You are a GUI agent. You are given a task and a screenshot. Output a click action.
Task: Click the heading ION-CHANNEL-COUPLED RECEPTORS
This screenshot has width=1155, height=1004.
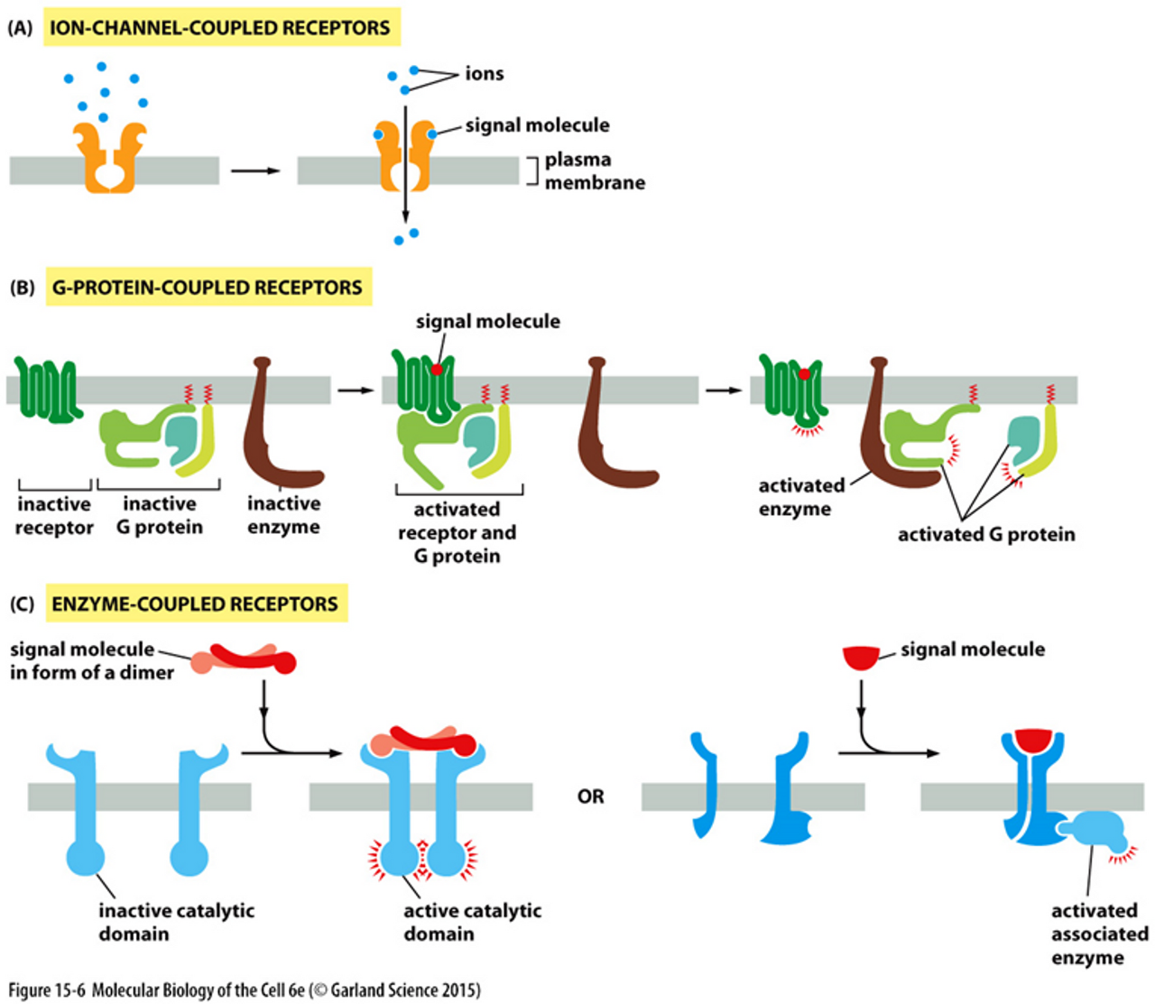click(x=219, y=28)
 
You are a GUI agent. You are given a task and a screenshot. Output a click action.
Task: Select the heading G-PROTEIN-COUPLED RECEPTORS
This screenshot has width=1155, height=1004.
click(x=207, y=288)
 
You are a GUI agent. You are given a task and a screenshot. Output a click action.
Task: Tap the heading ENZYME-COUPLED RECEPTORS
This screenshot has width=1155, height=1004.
click(x=195, y=604)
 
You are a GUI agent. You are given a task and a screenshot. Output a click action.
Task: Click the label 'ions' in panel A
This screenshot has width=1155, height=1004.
click(x=484, y=74)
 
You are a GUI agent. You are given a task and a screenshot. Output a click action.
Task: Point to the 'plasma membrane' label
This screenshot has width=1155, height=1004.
click(x=594, y=170)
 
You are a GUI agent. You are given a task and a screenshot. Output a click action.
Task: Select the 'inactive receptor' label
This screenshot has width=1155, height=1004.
click(x=54, y=516)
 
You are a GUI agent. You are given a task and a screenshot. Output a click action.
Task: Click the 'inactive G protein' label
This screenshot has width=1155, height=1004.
click(x=160, y=516)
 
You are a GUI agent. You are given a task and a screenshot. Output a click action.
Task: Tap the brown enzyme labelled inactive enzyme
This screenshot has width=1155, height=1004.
click(x=275, y=424)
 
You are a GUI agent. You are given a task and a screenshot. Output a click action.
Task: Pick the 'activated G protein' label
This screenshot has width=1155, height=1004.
click(x=986, y=534)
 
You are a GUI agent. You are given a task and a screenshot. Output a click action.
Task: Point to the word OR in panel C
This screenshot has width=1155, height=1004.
click(x=590, y=797)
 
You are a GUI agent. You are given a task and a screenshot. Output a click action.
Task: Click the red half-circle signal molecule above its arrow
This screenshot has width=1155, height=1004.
click(x=861, y=658)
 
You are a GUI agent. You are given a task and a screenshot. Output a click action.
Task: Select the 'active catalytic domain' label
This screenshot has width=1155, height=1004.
click(x=472, y=922)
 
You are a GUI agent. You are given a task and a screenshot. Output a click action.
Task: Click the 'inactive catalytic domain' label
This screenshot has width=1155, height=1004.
click(x=176, y=922)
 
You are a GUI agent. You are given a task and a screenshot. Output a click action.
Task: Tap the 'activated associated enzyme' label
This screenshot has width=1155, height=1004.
click(x=1099, y=934)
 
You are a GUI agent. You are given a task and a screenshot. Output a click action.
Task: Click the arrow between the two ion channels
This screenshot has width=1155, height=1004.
click(x=255, y=170)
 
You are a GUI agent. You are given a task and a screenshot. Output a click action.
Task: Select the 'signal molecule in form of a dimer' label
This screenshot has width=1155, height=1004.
click(x=90, y=660)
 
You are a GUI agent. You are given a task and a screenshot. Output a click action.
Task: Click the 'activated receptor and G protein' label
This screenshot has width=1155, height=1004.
click(x=457, y=532)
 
